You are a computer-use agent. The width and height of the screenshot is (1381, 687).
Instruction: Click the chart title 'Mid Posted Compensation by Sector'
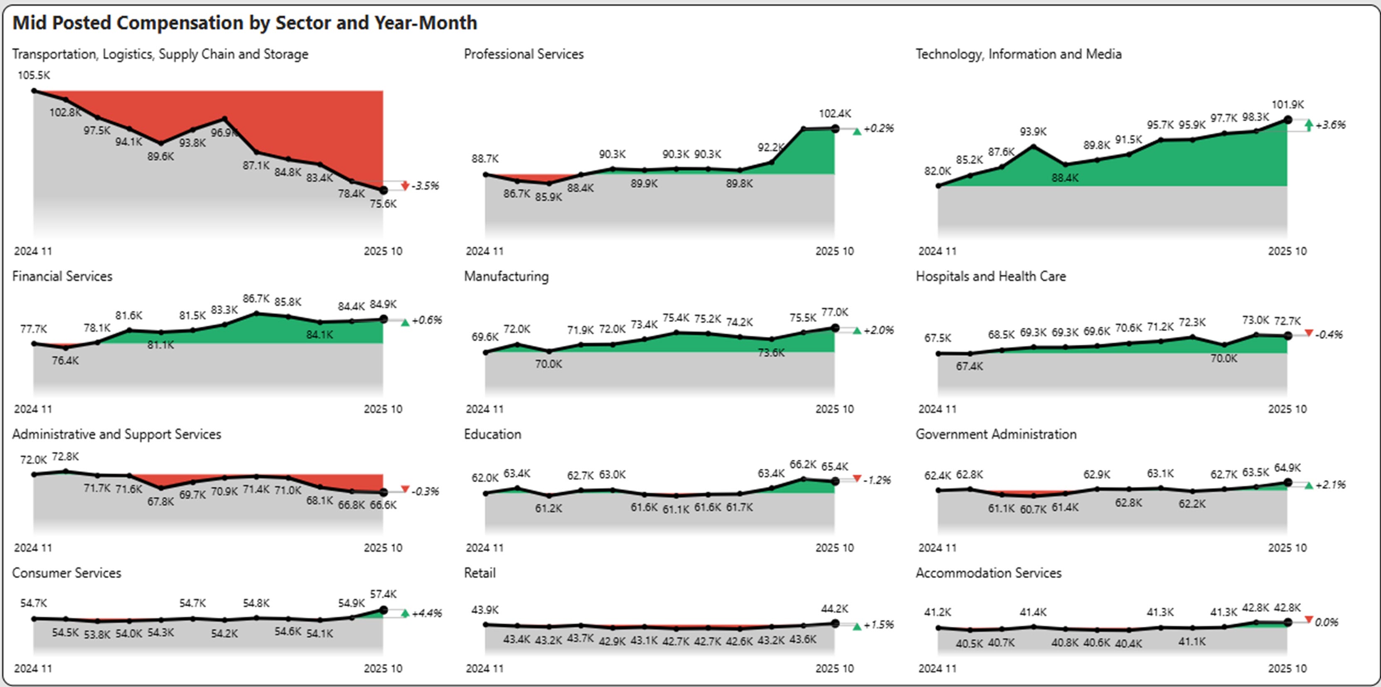tap(244, 22)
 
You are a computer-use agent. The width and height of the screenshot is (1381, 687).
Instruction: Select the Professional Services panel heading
tap(523, 54)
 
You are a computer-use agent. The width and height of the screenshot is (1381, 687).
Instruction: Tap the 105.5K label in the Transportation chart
tap(34, 76)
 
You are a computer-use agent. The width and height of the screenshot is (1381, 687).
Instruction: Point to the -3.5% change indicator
tap(425, 186)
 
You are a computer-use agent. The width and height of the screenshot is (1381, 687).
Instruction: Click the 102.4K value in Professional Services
tap(835, 114)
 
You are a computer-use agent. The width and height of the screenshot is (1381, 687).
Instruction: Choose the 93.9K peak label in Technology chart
tap(1033, 132)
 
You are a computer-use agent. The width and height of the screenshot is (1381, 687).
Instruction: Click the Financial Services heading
tap(62, 277)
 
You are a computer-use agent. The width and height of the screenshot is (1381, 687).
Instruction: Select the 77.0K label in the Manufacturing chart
tap(835, 312)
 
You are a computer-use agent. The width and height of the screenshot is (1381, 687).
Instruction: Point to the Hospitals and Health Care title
tap(990, 277)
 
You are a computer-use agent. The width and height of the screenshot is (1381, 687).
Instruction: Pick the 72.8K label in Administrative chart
tap(65, 456)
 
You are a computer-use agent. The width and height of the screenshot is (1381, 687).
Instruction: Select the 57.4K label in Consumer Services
tap(383, 594)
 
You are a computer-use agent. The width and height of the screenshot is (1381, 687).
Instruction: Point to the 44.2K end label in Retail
tap(835, 609)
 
